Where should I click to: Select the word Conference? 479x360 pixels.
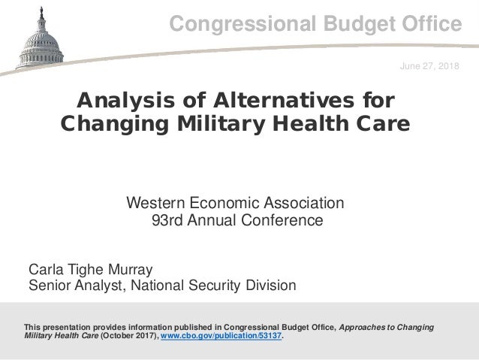coord(282,221)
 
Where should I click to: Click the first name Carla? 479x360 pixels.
coord(45,269)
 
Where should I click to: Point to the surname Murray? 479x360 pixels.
coord(131,269)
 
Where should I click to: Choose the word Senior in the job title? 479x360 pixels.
coord(48,286)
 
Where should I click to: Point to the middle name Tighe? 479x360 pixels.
coord(84,269)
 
